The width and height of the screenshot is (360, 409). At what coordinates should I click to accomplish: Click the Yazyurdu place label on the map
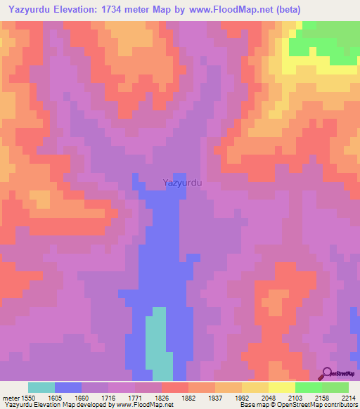coord(183,182)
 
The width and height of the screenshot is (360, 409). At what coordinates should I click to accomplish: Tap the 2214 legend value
coord(349,398)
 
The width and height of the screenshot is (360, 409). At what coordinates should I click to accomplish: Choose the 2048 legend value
coord(268,398)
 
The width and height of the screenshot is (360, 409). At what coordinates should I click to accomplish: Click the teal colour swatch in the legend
coord(41,387)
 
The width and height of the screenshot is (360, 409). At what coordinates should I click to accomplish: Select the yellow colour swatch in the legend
coord(282,387)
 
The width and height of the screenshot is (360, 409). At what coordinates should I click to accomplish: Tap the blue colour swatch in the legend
coord(68,387)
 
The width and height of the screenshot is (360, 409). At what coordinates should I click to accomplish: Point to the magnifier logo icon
coord(326,372)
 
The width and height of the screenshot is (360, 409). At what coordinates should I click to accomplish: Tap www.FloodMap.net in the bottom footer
coord(145,405)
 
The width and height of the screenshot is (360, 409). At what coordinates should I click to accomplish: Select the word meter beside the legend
coord(11,398)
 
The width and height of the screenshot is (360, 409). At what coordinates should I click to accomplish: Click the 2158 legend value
coord(322,398)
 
